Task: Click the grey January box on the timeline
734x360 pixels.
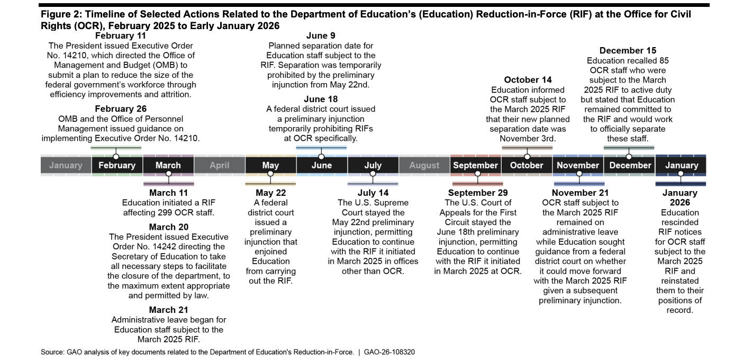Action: point(66,165)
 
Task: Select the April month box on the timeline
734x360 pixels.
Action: point(219,165)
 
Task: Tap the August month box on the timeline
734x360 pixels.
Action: point(424,165)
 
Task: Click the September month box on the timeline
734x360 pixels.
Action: point(475,165)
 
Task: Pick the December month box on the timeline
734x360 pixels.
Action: point(630,165)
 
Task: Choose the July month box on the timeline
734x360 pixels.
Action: point(373,165)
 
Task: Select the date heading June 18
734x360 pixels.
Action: point(320,99)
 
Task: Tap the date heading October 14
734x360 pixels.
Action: point(528,80)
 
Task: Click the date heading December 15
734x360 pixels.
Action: point(628,51)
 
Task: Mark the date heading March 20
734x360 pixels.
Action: point(168,227)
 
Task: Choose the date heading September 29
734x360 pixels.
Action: point(477,193)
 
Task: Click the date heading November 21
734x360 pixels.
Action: point(580,193)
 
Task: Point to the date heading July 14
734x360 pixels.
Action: point(373,193)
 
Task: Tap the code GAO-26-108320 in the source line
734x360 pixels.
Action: point(389,352)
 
